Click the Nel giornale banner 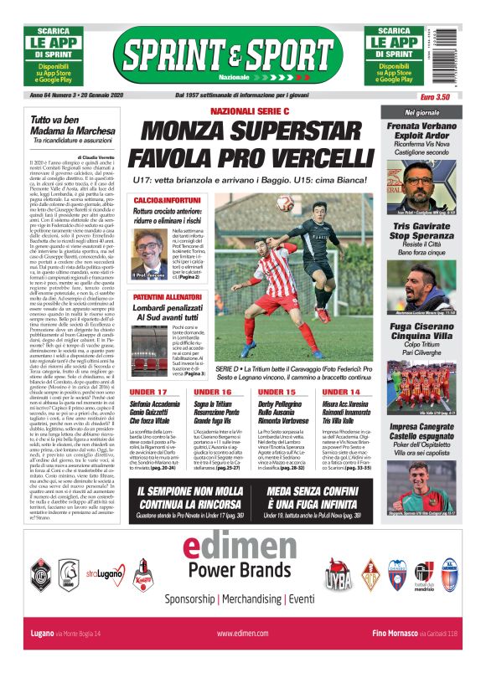coord(422,111)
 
